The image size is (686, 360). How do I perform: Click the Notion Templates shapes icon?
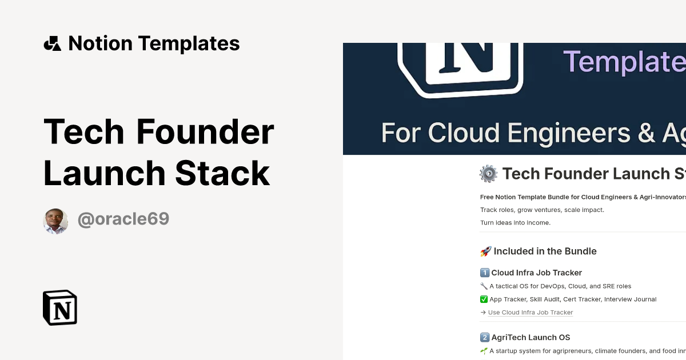click(52, 43)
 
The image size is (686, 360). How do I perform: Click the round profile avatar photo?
click(55, 221)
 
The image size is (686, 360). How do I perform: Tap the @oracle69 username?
click(123, 219)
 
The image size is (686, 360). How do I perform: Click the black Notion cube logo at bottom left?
click(60, 307)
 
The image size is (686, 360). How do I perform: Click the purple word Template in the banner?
click(623, 61)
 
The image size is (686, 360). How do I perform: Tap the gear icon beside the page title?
click(488, 174)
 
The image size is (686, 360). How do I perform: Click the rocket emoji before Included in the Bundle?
click(485, 251)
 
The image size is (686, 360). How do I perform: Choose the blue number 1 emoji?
click(484, 273)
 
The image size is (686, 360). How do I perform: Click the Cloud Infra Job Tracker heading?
click(536, 273)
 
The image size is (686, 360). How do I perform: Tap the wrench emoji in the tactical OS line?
click(484, 286)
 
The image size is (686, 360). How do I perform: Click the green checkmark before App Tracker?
click(484, 299)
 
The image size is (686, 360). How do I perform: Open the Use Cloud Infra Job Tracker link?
click(530, 313)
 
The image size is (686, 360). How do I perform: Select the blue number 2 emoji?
click(484, 338)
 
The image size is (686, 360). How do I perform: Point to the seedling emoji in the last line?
click(484, 351)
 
